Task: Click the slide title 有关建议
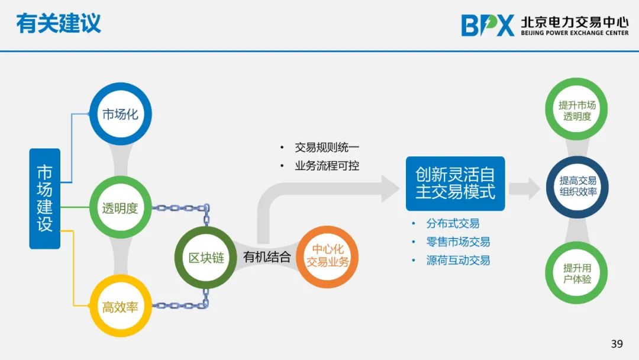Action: (x=58, y=23)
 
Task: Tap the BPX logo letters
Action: (x=488, y=25)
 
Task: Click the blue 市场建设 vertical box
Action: (x=45, y=198)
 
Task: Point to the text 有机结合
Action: (x=267, y=257)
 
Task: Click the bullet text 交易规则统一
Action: (x=327, y=147)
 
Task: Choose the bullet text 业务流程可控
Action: (x=327, y=166)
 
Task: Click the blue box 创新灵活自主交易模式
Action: (x=455, y=184)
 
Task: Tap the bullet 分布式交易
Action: (x=453, y=223)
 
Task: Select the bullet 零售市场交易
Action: (x=458, y=242)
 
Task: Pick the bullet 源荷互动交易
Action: (x=458, y=260)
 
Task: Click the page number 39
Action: (x=617, y=343)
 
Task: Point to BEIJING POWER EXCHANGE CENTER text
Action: (x=575, y=33)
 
